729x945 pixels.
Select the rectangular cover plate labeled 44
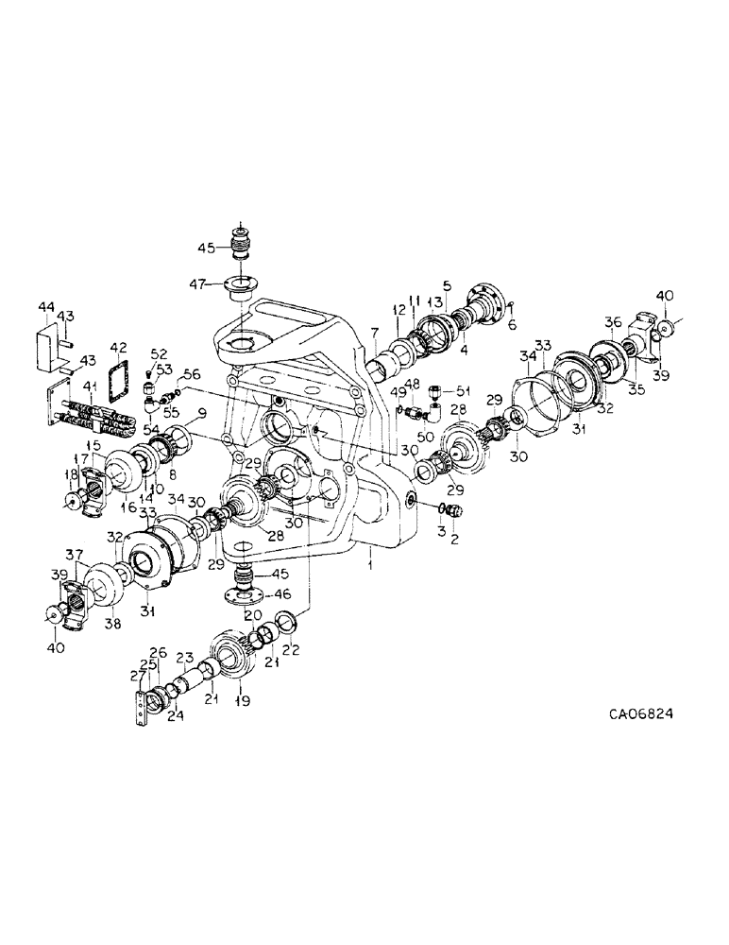click(51, 349)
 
